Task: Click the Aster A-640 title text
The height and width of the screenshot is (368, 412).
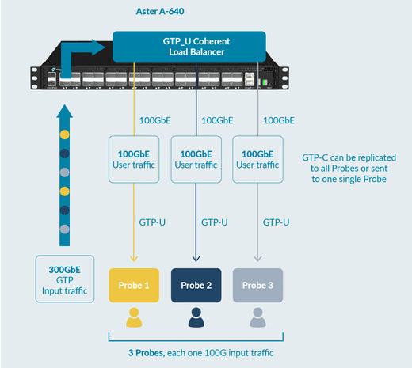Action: coord(160,11)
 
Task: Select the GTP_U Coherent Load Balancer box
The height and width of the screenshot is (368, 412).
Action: coord(189,47)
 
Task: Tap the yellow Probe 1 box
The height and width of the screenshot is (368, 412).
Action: coord(134,285)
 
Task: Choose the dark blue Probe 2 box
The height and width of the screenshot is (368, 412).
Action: coord(196,285)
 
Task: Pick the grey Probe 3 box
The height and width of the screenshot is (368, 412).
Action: coord(257,285)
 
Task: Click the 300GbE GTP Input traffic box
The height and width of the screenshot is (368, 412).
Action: coord(65,279)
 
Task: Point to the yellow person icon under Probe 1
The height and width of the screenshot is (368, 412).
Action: coord(134,317)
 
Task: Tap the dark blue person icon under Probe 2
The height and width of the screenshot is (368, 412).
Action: coord(196,317)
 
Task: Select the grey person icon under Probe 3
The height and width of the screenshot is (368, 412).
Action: coord(257,317)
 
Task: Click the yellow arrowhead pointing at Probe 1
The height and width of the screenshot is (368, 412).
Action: coord(134,258)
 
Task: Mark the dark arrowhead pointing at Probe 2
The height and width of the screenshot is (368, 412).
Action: coord(196,258)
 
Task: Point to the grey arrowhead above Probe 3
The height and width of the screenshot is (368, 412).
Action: coord(257,258)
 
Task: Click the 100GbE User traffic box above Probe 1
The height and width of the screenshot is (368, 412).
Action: coord(134,159)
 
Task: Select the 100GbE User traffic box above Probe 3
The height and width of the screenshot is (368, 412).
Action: coord(257,159)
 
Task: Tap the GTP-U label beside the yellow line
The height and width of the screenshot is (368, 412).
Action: coord(152,222)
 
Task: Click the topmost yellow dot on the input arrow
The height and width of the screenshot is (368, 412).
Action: coord(65,135)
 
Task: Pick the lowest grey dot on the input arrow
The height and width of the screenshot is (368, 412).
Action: coord(65,229)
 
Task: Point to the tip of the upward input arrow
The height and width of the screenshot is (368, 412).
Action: coord(64,104)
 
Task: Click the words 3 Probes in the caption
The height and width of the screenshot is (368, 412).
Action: coord(147,353)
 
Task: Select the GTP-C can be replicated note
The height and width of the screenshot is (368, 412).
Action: coord(349,169)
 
